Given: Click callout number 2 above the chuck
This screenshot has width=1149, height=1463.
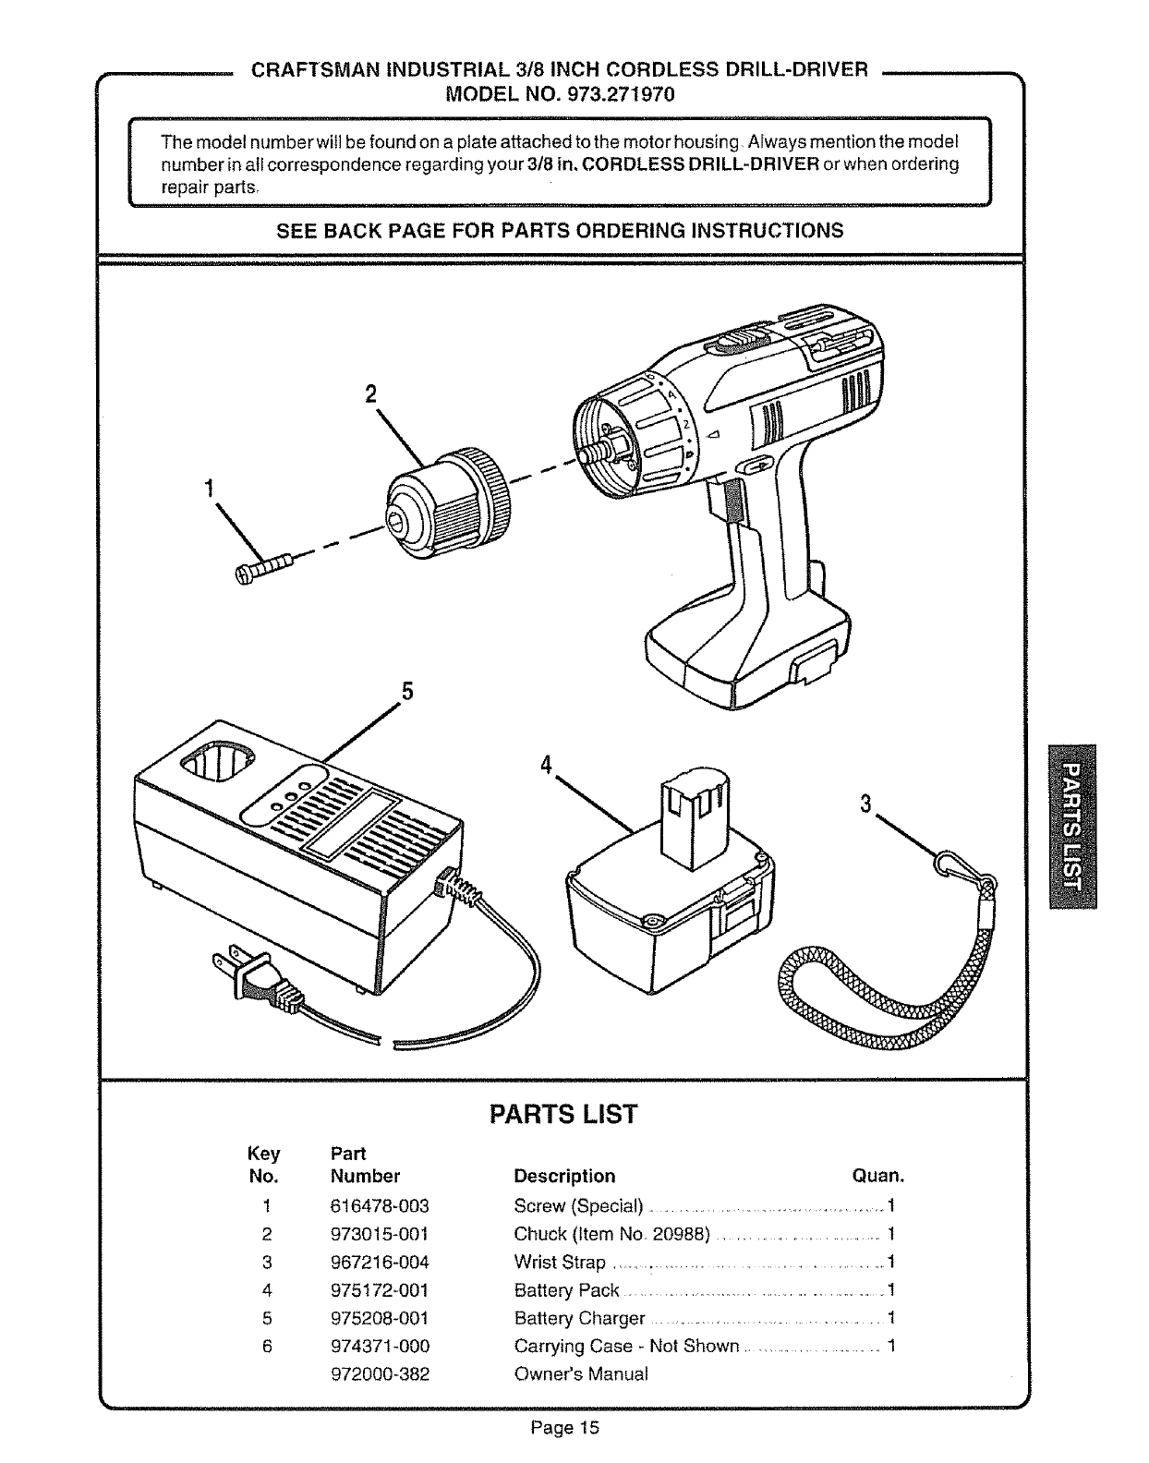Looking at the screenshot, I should tap(370, 394).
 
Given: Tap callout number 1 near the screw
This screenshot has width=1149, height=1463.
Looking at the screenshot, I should tap(210, 488).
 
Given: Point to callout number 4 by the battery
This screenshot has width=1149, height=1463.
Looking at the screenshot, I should tap(547, 765).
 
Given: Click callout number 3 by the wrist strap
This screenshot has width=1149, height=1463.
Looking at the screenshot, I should tap(865, 804).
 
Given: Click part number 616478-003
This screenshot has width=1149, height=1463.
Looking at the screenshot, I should tap(380, 1206).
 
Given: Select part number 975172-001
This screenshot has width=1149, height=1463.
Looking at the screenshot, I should tap(380, 1290).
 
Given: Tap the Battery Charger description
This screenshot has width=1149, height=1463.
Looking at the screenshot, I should tap(579, 1318).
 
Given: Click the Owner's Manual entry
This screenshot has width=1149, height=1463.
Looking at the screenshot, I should tap(581, 1373).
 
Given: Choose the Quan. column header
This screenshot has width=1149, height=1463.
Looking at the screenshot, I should tap(877, 1177).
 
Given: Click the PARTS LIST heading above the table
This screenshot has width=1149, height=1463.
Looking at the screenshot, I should tap(562, 1114).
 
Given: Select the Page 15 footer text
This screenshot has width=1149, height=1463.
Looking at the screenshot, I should tap(564, 1428).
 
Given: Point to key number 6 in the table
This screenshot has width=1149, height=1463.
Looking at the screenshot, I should tap(266, 1347).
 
